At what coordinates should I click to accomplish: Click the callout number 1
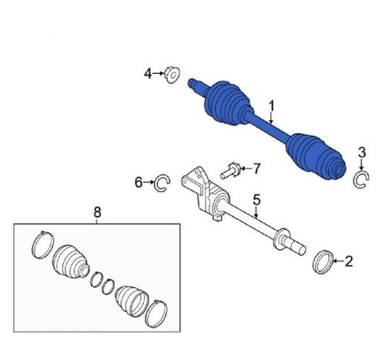pos(272,107)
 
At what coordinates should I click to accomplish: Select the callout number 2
pos(349,262)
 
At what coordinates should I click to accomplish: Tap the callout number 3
pos(362,153)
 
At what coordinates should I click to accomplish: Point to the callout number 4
pos(148,74)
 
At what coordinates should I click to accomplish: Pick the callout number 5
pos(256,200)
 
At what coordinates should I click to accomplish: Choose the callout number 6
pos(139,182)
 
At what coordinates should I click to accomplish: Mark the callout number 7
pos(256,168)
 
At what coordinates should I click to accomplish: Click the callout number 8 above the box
pos(97,212)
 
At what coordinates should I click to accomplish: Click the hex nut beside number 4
pos(172,75)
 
